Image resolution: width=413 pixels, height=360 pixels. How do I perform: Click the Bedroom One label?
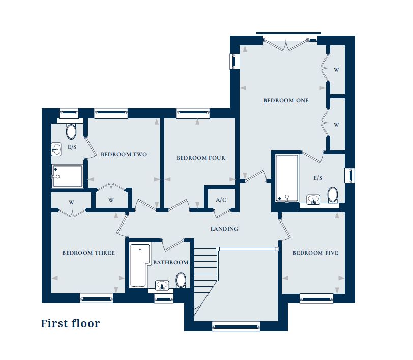click(286, 100)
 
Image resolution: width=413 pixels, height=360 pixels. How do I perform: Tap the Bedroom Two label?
click(124, 155)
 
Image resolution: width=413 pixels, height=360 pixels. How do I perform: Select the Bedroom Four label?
click(201, 158)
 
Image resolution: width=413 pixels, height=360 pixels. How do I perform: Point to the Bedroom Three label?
click(88, 253)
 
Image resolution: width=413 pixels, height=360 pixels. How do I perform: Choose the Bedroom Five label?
click(315, 253)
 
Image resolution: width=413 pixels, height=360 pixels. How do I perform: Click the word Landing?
click(224, 229)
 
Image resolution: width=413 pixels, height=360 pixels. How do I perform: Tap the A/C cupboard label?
click(221, 200)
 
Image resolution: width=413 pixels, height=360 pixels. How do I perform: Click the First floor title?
click(70, 324)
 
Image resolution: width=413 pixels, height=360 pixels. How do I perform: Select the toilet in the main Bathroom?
click(181, 281)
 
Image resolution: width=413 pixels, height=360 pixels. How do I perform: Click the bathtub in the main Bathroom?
click(141, 265)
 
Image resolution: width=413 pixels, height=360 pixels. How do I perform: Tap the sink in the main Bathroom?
click(162, 285)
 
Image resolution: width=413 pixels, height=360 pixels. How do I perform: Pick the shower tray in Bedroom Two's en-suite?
click(68, 177)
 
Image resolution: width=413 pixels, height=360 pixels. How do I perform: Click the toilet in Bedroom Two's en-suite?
click(71, 131)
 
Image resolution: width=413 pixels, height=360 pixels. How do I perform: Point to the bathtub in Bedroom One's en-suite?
click(287, 178)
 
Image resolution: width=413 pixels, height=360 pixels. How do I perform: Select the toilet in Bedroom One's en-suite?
click(333, 195)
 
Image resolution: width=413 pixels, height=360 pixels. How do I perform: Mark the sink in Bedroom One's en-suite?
click(313, 199)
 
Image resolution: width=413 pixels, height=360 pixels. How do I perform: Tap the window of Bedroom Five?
click(316, 299)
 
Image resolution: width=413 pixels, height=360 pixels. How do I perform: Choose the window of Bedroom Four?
click(193, 113)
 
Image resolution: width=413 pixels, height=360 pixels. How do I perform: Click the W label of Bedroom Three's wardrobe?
click(71, 203)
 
